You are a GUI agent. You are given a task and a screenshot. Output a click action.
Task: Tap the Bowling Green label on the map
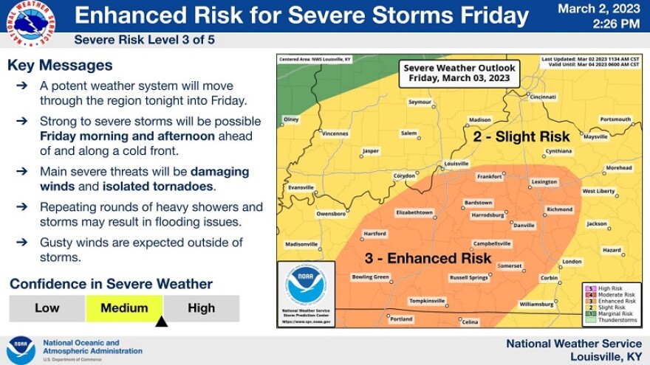coord(370,277)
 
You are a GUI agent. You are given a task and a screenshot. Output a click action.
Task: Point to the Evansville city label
coord(301,187)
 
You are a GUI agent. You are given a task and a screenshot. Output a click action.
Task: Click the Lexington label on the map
coord(544,181)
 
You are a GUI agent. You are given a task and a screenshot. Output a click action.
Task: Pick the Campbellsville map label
coord(492,243)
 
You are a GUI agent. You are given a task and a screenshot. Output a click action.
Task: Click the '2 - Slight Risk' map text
coord(521,136)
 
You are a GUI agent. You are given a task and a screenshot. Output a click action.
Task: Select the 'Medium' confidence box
coord(124,308)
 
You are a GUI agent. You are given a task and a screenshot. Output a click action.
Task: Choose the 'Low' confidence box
coord(47,308)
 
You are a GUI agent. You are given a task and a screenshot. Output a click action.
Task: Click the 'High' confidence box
coord(201,308)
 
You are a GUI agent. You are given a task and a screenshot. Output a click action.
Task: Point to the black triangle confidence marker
coord(162,321)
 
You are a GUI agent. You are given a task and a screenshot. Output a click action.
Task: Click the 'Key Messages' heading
coord(60,66)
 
